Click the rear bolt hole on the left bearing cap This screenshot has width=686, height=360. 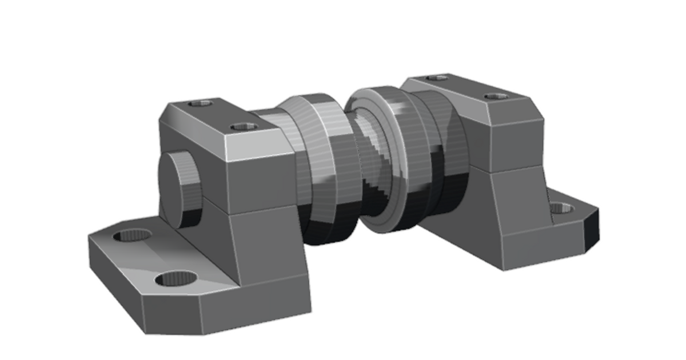[x=201, y=103]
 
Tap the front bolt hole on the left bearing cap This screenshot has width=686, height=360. [x=242, y=127]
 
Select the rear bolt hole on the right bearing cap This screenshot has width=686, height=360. [x=437, y=77]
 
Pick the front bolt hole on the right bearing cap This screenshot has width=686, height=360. [x=496, y=96]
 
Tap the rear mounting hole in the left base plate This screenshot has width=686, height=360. [x=133, y=235]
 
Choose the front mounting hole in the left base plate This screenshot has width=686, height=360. [x=176, y=279]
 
